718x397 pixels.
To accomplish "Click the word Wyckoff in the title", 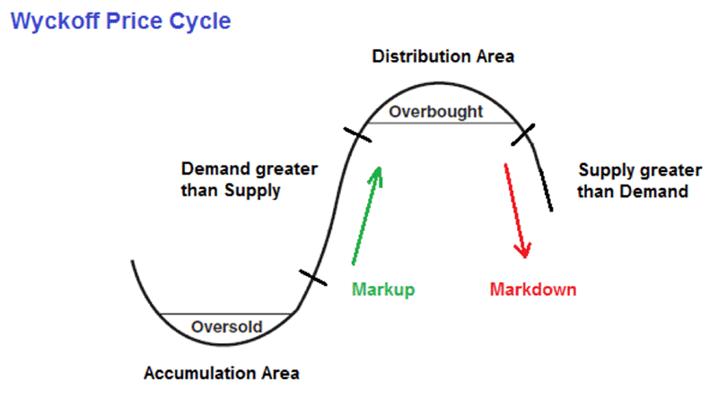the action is coord(56,22).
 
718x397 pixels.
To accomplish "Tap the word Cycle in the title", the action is coord(200,22).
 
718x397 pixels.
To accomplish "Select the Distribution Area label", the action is coord(442,56).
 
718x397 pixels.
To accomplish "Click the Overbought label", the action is coord(436,112).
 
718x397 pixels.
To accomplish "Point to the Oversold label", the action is coord(227,326).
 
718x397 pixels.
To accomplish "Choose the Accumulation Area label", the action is coord(222,373).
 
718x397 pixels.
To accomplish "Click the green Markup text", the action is coord(383,289).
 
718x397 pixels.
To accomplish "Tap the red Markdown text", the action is coord(533,289).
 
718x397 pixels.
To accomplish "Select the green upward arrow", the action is coord(367,215).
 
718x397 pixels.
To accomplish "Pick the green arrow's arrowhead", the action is coord(376,176).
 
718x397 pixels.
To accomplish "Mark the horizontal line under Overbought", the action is coord(442,123).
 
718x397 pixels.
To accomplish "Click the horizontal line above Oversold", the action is coord(226,315).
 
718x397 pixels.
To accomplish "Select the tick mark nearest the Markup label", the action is coord(313,278).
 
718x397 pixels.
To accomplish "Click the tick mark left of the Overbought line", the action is coord(357,135).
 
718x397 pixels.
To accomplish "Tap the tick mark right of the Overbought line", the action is coord(523,135).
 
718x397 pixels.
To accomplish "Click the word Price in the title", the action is coord(135,22).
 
